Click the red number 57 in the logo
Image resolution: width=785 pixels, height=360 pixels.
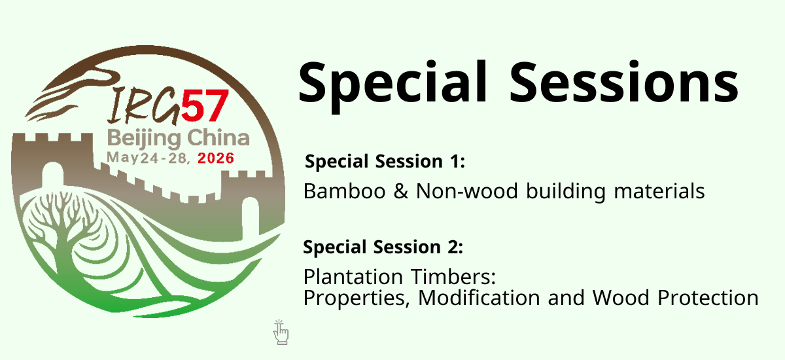tap(205, 105)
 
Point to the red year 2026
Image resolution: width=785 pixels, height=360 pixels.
tap(215, 158)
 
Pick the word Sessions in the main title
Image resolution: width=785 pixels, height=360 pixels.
tap(624, 82)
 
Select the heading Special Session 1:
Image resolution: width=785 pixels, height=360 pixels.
tap(385, 162)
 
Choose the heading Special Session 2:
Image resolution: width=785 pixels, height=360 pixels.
tap(383, 247)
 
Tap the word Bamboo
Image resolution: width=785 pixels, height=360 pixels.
tap(344, 191)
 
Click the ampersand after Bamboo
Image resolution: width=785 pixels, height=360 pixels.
tap(400, 191)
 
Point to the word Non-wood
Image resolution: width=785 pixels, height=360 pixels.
tap(467, 191)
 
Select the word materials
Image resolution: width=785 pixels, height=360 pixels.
tap(659, 191)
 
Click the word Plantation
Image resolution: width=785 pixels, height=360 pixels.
tap(353, 277)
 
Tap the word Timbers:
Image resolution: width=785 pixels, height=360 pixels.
tap(453, 277)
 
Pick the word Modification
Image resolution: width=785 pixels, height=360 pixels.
tap(479, 298)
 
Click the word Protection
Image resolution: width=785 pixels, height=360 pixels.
tap(708, 298)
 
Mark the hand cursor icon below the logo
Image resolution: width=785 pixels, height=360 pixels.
tap(281, 332)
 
